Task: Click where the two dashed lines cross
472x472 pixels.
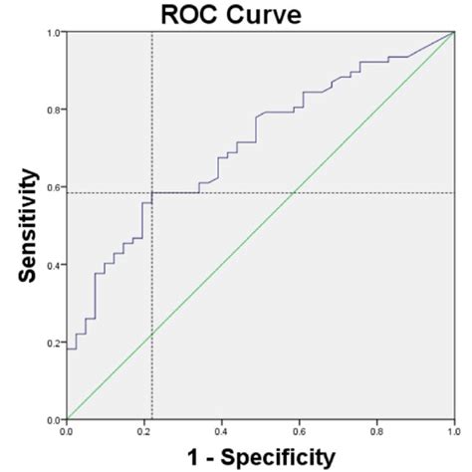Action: click(151, 193)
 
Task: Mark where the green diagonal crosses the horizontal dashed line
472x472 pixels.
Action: click(293, 193)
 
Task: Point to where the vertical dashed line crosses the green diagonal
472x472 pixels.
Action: click(151, 335)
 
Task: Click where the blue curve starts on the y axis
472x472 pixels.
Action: click(67, 349)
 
